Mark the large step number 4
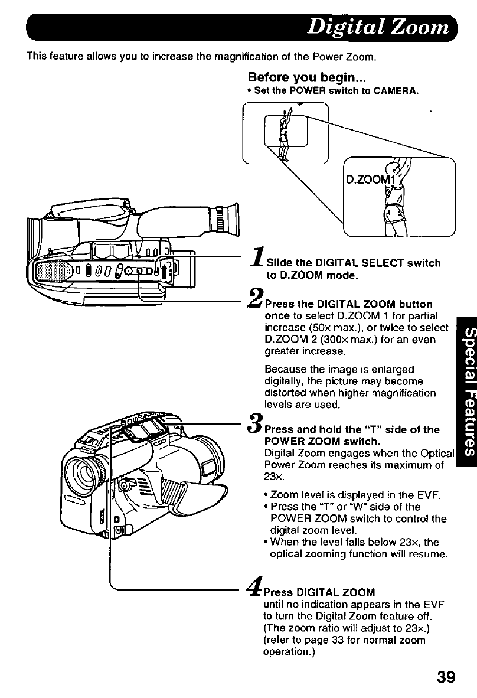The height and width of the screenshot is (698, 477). (x=257, y=586)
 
